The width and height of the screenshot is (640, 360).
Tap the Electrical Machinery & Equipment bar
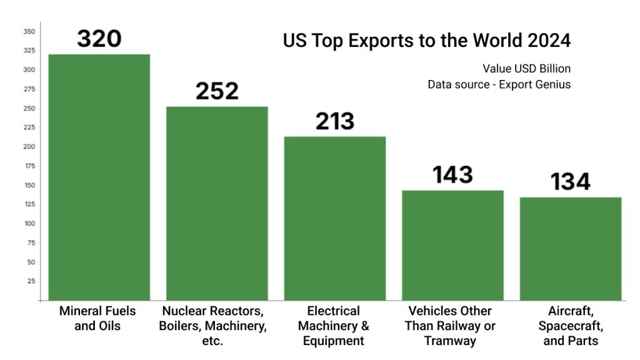[334, 218]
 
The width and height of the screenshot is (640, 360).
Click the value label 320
[99, 39]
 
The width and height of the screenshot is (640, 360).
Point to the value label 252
[217, 91]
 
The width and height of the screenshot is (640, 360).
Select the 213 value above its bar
[334, 121]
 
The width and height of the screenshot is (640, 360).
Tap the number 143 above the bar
[452, 175]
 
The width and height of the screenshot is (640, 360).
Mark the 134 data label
[571, 182]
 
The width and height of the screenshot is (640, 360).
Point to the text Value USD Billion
[526, 68]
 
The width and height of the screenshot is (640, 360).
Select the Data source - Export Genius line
[499, 84]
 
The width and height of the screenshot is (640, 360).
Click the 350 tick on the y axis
[29, 31]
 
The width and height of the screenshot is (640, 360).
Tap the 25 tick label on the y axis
[31, 281]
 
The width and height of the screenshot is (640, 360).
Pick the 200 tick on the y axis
[29, 147]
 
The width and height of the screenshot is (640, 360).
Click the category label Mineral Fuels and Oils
[97, 318]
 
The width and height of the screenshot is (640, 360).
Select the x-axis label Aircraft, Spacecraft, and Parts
[571, 326]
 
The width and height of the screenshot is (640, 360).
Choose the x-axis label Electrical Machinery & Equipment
[334, 326]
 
